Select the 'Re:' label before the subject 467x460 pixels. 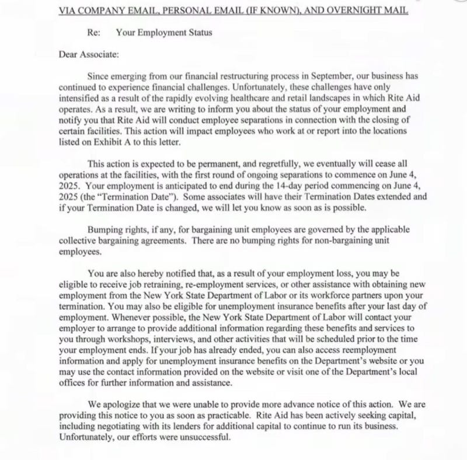click(94, 33)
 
